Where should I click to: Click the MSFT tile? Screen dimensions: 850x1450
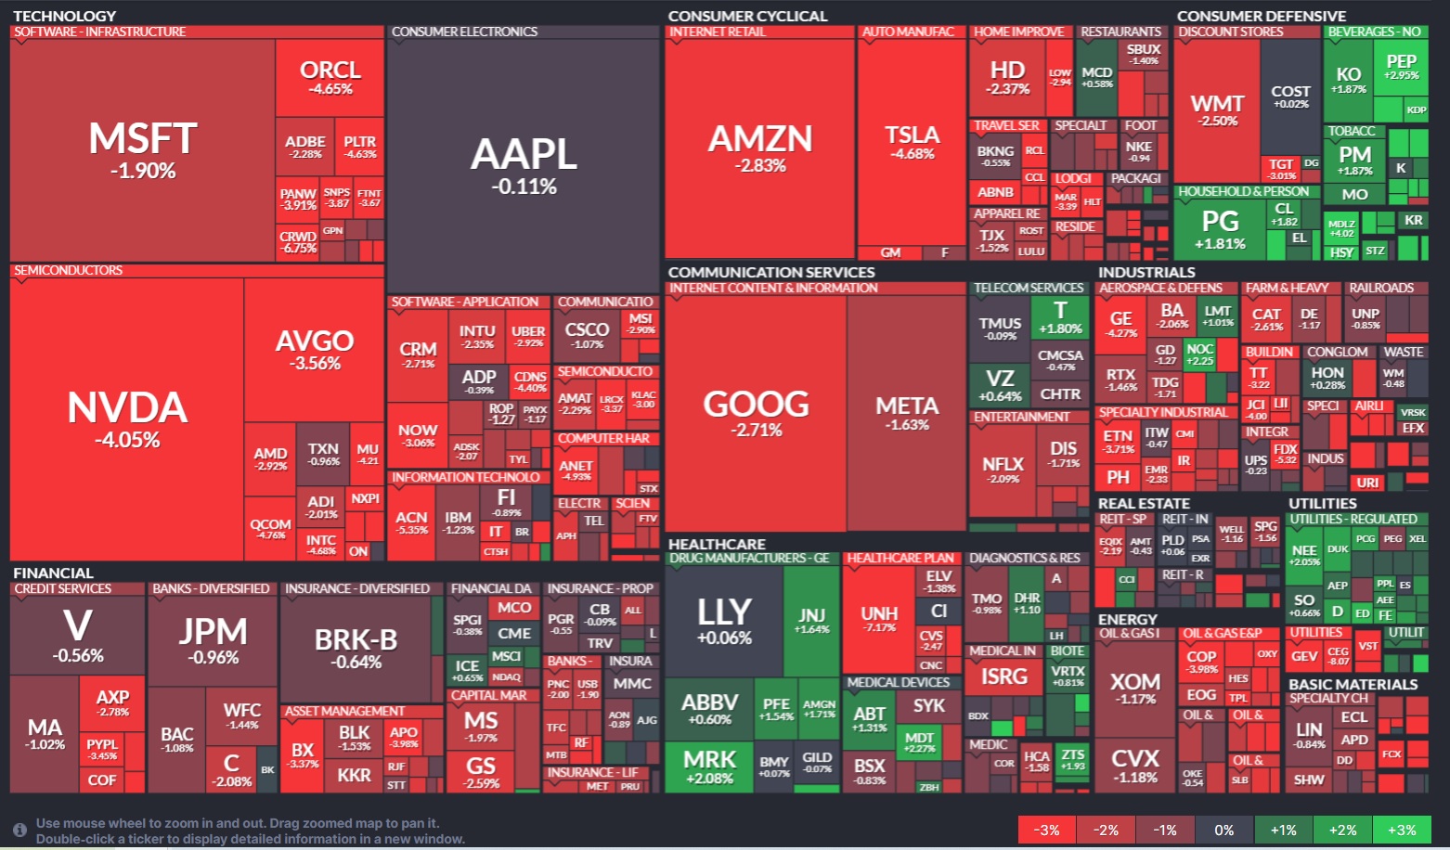click(x=143, y=148)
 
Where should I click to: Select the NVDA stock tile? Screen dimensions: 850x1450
click(x=127, y=418)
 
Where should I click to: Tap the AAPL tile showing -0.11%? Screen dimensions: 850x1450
click(x=524, y=165)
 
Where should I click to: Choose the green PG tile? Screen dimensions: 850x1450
click(x=1220, y=228)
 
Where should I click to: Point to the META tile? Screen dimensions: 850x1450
click(x=907, y=412)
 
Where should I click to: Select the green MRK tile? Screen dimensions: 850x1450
click(x=710, y=766)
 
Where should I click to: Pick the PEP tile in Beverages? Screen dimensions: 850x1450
click(x=1401, y=67)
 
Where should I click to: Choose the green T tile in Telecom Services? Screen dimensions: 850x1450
click(x=1060, y=316)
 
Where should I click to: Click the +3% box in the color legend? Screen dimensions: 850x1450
click(x=1402, y=830)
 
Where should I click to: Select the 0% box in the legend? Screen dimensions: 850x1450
click(x=1223, y=830)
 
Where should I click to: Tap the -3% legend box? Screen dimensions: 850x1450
click(x=1047, y=830)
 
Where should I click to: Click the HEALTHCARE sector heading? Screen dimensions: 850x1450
click(x=717, y=544)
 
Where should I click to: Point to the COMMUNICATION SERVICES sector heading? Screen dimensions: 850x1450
click(x=770, y=272)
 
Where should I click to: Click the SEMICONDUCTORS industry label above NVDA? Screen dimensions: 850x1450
click(x=69, y=270)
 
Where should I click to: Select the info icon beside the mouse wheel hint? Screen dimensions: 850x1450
click(x=19, y=830)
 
